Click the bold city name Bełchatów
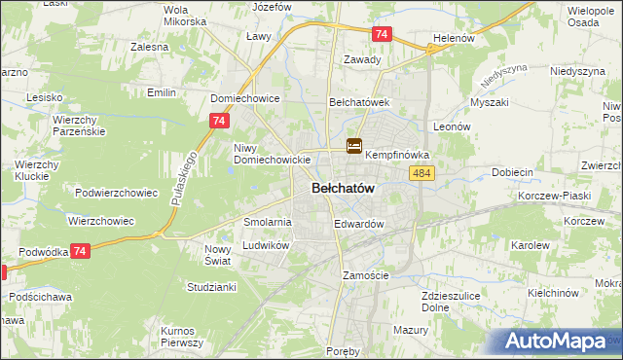344,189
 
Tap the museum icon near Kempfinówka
354,147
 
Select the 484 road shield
421,172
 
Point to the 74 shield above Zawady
382,34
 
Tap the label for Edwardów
359,224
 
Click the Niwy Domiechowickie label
272,154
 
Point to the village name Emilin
160,92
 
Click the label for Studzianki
211,287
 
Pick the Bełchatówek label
359,101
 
